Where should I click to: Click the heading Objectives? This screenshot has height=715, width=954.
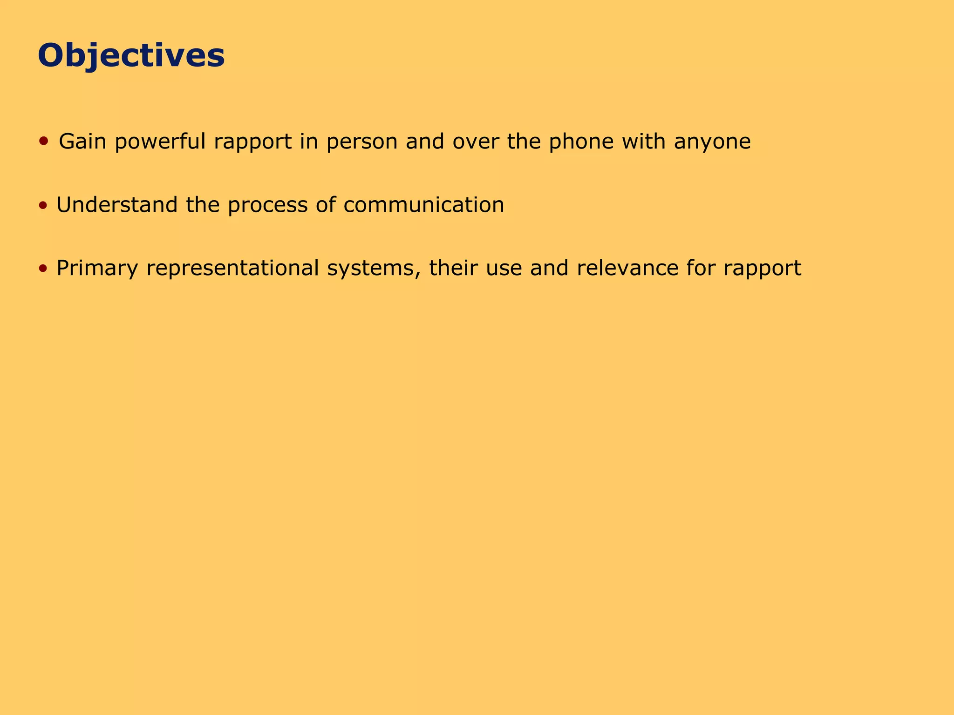131,56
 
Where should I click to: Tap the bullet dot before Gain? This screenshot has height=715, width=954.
44,141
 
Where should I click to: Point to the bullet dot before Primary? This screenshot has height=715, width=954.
43,268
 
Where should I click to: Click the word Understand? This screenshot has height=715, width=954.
117,205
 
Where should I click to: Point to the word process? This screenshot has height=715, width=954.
267,206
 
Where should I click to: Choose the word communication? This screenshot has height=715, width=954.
423,205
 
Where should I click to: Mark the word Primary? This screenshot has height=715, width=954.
97,269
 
